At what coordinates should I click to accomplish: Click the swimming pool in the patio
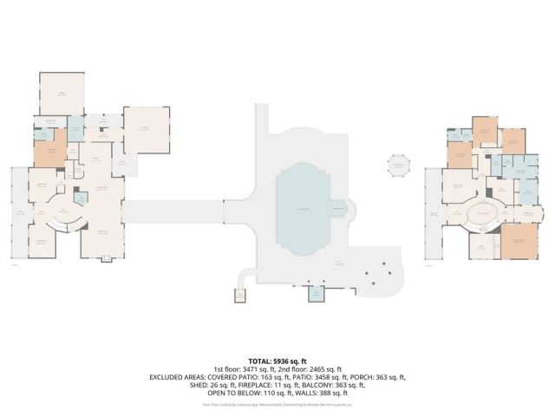coord(303,211)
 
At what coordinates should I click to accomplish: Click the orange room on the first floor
coord(50,152)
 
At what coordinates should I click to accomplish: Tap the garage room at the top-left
coord(62,94)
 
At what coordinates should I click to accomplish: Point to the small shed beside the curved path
coord(238,296)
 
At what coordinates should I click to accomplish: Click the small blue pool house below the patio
coord(317,295)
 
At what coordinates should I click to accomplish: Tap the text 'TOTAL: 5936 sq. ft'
coord(278,361)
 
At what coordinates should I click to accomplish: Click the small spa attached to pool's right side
coord(339,209)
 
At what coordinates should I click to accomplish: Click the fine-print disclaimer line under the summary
coord(277,404)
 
